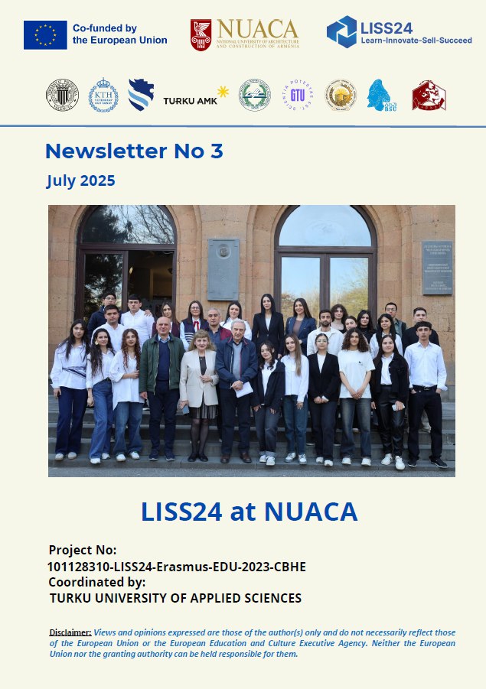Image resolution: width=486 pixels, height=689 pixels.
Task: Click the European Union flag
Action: (x=45, y=34)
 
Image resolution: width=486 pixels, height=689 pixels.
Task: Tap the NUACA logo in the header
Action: (x=244, y=34)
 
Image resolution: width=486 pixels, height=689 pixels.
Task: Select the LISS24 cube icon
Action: (x=341, y=32)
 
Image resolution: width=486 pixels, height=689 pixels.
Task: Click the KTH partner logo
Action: (x=103, y=95)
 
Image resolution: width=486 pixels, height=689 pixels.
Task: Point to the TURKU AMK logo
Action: (x=196, y=97)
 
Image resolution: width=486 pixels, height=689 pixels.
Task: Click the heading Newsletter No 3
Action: (x=134, y=151)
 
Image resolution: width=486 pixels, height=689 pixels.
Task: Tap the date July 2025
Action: (x=80, y=181)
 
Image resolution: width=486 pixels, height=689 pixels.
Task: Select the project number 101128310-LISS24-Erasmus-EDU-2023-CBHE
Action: (x=177, y=567)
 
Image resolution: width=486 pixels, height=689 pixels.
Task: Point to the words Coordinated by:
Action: (x=96, y=582)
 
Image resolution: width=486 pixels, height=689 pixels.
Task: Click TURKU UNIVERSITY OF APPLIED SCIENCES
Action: (x=175, y=598)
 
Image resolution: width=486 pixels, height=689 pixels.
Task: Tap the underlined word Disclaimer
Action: (x=70, y=632)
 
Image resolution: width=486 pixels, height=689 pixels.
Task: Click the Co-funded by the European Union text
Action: (x=119, y=34)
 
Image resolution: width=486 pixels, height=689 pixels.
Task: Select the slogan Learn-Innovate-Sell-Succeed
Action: (x=416, y=39)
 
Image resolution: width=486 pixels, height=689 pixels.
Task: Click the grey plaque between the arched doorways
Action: (x=223, y=268)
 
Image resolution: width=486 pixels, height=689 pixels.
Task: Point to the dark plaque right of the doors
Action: (x=437, y=268)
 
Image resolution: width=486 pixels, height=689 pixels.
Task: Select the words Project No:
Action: (x=83, y=551)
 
